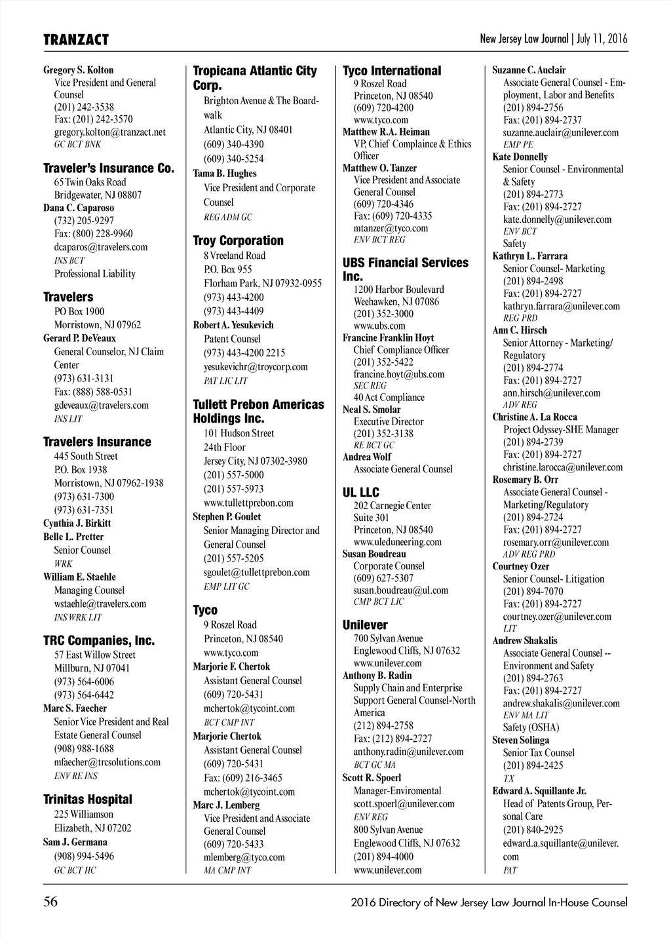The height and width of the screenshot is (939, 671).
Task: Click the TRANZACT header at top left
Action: tap(76, 40)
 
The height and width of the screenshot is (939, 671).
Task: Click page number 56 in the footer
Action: tap(50, 902)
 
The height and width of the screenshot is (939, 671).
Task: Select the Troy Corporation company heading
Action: tap(238, 240)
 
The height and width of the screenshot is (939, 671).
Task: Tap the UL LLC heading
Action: tap(360, 492)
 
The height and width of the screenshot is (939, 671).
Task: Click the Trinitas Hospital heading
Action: tap(87, 799)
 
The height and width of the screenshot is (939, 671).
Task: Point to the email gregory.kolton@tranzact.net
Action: tap(109, 132)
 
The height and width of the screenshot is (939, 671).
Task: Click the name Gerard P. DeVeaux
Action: tap(79, 338)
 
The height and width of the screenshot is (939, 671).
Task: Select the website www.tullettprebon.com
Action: tap(248, 503)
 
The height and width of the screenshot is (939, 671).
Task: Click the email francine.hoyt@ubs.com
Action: tap(398, 374)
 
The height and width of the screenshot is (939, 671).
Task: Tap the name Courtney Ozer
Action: tap(520, 566)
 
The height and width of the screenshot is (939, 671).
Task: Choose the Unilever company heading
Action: tap(364, 624)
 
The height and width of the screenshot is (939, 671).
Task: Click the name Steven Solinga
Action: tap(520, 740)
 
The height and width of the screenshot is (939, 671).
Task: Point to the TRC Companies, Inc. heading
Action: tap(99, 640)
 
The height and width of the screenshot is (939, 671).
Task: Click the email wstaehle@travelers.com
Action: tap(100, 604)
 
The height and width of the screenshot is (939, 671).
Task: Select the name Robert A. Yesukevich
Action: tap(233, 325)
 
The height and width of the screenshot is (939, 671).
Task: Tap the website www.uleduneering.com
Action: tap(397, 542)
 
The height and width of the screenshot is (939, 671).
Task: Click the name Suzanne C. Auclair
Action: tap(529, 70)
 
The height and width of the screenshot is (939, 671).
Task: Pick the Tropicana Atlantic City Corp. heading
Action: tap(254, 78)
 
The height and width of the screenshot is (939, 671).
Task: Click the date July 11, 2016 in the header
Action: tap(602, 39)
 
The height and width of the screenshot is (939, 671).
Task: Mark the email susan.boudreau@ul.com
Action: tap(400, 590)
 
